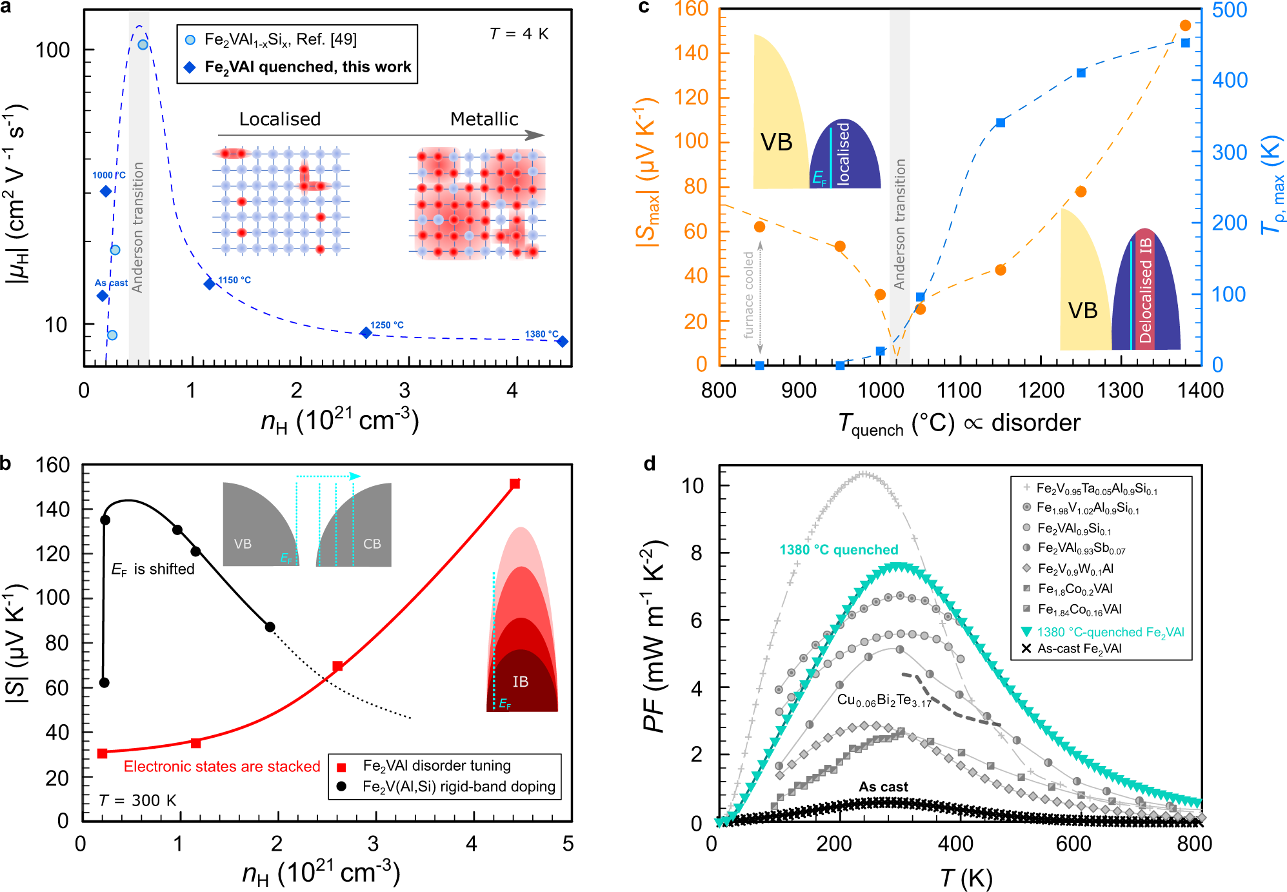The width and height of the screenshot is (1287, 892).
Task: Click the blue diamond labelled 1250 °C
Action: [x=366, y=332]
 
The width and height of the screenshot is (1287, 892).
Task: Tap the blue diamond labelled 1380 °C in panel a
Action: [x=563, y=341]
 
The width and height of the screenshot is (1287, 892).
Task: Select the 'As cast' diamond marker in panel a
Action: [x=102, y=296]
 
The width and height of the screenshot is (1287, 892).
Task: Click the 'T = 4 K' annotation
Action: [x=519, y=34]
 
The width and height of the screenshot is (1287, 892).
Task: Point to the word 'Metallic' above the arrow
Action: [x=484, y=119]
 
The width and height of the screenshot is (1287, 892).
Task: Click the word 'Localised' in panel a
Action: [x=279, y=119]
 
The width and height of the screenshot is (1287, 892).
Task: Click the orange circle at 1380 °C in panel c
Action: [x=1185, y=26]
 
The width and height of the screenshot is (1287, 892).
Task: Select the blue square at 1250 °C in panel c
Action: [x=1081, y=73]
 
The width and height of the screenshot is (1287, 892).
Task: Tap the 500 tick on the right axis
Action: [x=1230, y=10]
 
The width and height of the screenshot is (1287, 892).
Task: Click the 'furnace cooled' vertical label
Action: [x=749, y=295]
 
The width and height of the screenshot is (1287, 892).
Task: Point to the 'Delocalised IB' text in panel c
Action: [x=1146, y=290]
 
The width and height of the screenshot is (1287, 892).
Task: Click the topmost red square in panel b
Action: [x=515, y=484]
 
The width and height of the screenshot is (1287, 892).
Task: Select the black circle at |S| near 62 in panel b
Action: [x=105, y=682]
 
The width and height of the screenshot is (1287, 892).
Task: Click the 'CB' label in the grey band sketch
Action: [x=372, y=544]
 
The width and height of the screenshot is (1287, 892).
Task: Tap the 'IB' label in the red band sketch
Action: [x=521, y=682]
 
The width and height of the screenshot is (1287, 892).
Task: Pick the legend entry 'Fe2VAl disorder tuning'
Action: [x=437, y=765]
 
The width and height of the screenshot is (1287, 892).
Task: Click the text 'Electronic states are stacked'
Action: [x=222, y=767]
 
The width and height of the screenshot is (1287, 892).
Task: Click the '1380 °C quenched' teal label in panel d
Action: [x=839, y=550]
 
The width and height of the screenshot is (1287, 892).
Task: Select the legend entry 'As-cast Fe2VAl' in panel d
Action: [x=1079, y=649]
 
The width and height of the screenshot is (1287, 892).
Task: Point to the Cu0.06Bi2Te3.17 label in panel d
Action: [x=884, y=700]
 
